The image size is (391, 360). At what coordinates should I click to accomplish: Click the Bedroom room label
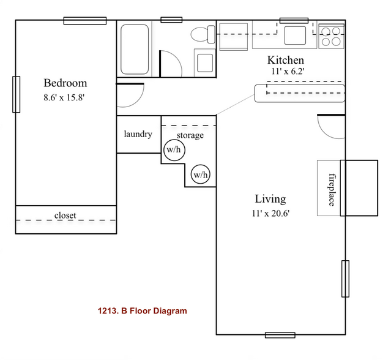[x=65, y=83]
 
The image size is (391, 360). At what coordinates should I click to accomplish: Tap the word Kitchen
[x=285, y=60]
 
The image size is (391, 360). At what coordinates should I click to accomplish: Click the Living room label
[x=270, y=199]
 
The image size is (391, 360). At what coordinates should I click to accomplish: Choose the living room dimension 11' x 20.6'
[x=270, y=213]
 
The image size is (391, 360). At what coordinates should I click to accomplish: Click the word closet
[x=65, y=215]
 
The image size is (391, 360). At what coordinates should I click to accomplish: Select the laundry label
[x=138, y=134]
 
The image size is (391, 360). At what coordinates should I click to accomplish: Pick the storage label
[x=190, y=135]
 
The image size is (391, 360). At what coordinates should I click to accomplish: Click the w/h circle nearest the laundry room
[x=174, y=149]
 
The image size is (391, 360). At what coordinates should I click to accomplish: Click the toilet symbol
[x=200, y=35]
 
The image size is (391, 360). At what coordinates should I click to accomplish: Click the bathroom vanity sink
[x=204, y=61]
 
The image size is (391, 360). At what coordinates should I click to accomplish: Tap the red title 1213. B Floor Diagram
[x=142, y=311]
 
